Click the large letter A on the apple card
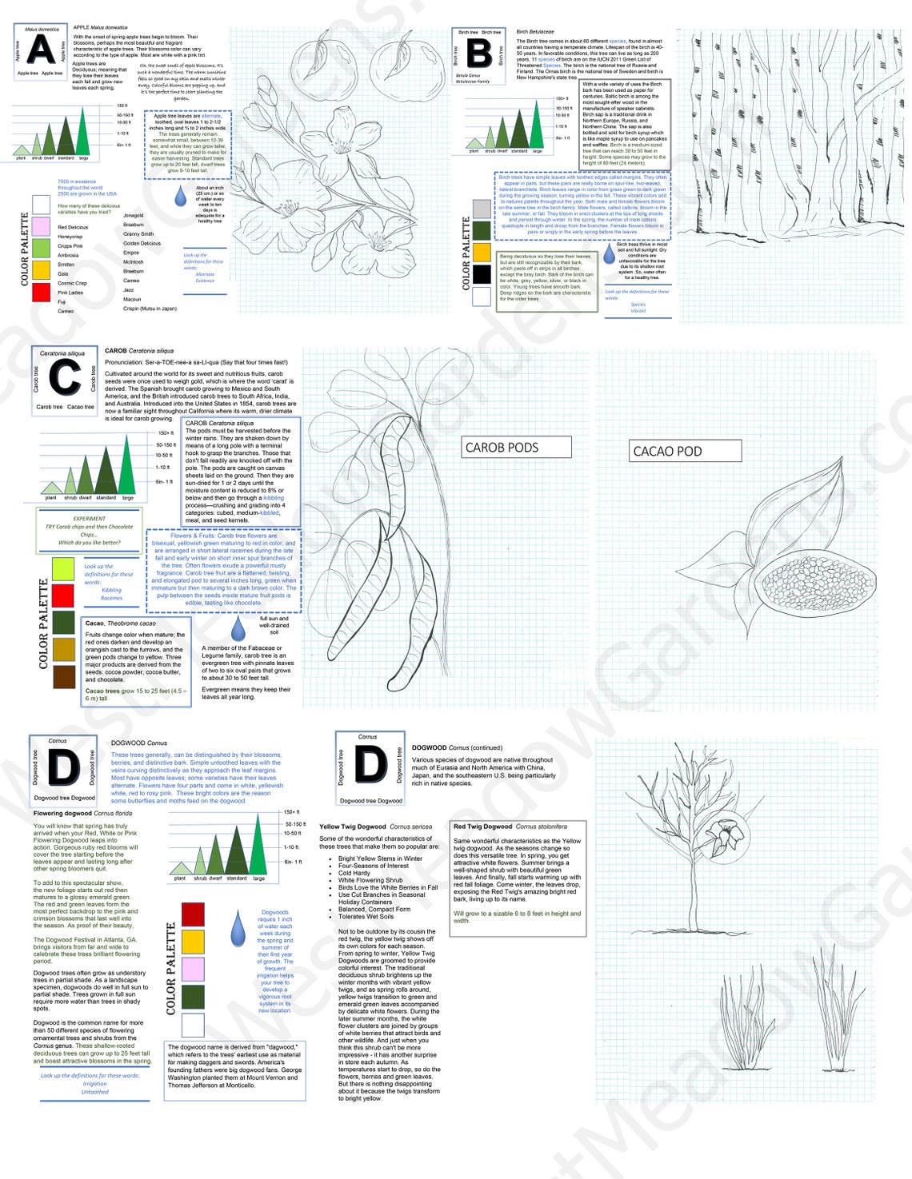(40, 49)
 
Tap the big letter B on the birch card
(478, 54)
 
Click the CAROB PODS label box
(517, 448)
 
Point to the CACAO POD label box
(685, 452)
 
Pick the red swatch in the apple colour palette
(41, 293)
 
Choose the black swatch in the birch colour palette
(482, 274)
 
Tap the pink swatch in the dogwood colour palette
(193, 969)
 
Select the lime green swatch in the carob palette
(63, 568)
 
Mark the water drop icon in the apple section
(182, 195)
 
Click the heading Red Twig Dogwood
(483, 826)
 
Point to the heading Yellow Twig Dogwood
(353, 826)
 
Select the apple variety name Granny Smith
(138, 234)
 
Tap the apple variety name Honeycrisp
(70, 237)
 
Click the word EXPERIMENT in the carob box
(90, 519)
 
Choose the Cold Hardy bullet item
(354, 873)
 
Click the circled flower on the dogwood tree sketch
(726, 834)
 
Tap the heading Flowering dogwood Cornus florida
(83, 813)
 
